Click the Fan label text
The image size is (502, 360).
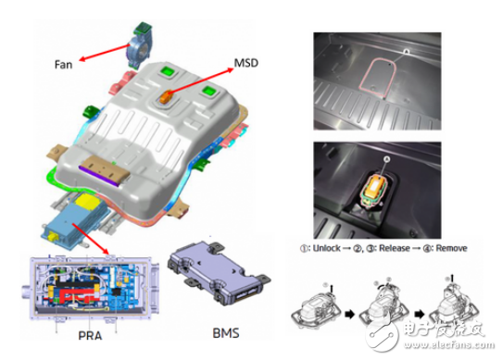pyautogui.click(x=63, y=65)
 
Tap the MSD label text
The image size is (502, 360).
pyautogui.click(x=245, y=63)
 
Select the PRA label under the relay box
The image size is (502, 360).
pyautogui.click(x=90, y=335)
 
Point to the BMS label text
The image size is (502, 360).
pyautogui.click(x=226, y=333)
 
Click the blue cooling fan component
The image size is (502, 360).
pyautogui.click(x=138, y=49)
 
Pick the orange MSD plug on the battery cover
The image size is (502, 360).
pyautogui.click(x=166, y=96)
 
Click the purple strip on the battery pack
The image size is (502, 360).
pyautogui.click(x=99, y=176)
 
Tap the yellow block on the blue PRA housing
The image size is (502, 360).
pyautogui.click(x=87, y=201)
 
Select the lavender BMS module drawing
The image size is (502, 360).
pyautogui.click(x=219, y=273)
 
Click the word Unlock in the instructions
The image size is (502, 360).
pyautogui.click(x=327, y=248)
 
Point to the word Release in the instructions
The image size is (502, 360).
pyautogui.click(x=395, y=248)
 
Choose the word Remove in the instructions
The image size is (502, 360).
pyautogui.click(x=451, y=248)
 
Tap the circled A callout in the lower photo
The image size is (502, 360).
pyautogui.click(x=387, y=158)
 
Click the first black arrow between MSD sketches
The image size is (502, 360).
pyautogui.click(x=350, y=315)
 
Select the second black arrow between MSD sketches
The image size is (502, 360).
pyautogui.click(x=420, y=315)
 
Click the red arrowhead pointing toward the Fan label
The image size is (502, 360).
pyautogui.click(x=83, y=58)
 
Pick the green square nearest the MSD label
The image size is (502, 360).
pyautogui.click(x=209, y=91)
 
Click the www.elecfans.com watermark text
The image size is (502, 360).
pyautogui.click(x=449, y=344)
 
